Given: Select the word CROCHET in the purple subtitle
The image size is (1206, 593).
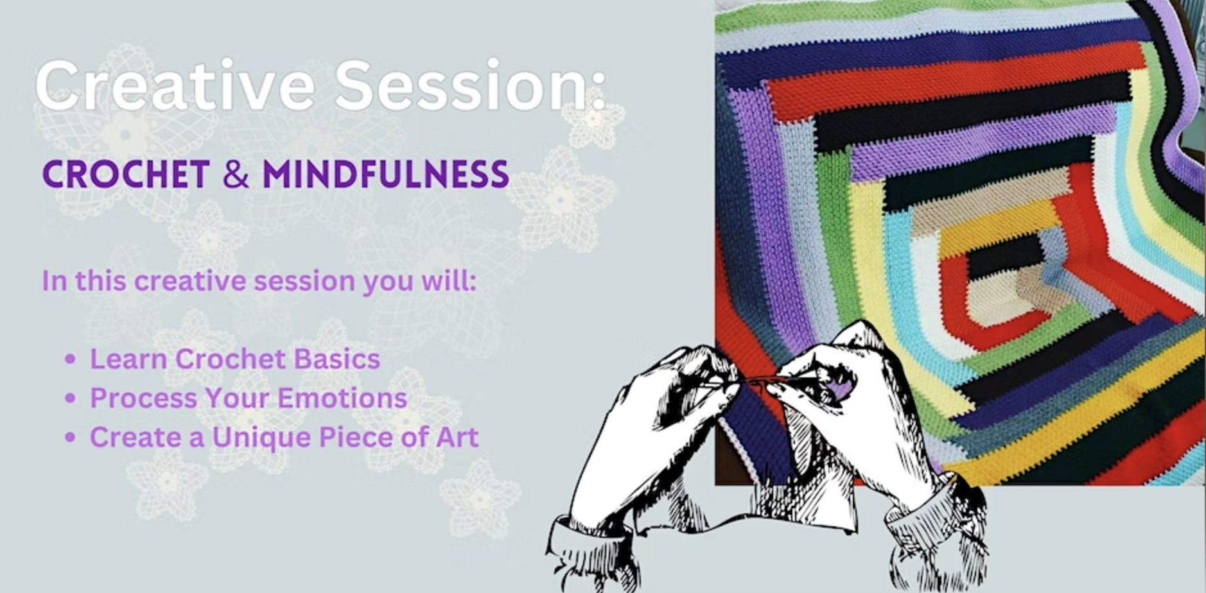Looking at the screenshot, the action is click(126, 173).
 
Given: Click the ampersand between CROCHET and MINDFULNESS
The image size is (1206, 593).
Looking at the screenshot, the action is click(236, 173).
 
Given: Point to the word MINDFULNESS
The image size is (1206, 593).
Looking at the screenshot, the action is click(386, 173).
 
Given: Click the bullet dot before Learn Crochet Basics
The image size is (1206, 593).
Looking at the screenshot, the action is click(71, 359).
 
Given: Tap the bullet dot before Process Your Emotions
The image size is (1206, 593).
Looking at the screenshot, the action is click(71, 399).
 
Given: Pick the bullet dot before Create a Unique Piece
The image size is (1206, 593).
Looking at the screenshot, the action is click(71, 438).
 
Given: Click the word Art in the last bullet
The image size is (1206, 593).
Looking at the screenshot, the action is click(457, 437).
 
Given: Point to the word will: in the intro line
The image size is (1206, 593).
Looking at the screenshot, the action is click(448, 280).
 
